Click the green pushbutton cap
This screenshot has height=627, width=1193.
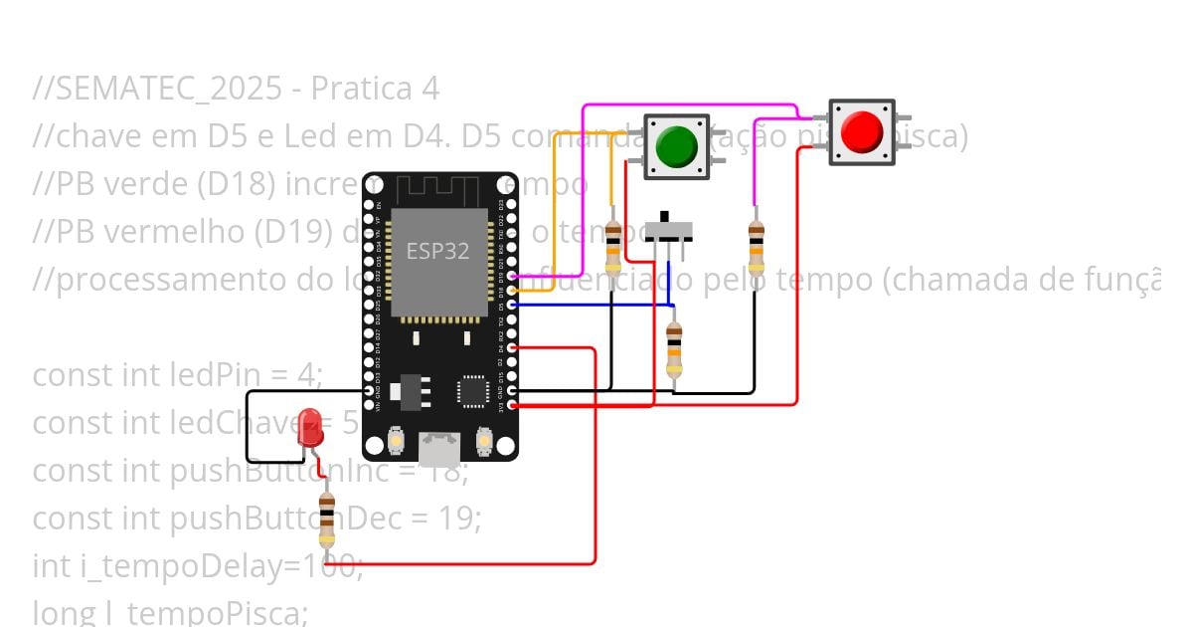click(x=677, y=146)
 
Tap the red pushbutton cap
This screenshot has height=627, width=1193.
click(x=861, y=131)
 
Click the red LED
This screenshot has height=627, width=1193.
click(x=311, y=426)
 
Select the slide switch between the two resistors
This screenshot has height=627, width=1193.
click(x=668, y=229)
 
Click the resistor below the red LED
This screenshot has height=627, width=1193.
click(x=326, y=520)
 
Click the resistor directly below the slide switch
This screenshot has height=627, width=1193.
click(x=674, y=349)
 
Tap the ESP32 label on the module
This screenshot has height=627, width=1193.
click(x=437, y=251)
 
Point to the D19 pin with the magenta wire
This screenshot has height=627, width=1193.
click(x=512, y=277)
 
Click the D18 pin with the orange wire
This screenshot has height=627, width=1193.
click(x=512, y=291)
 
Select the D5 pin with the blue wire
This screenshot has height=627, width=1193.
click(x=512, y=305)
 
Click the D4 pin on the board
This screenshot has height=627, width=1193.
click(x=512, y=348)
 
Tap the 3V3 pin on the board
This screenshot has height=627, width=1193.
click(x=512, y=405)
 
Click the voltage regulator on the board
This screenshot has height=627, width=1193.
click(x=406, y=390)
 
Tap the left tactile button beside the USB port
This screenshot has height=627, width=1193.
click(x=396, y=439)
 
